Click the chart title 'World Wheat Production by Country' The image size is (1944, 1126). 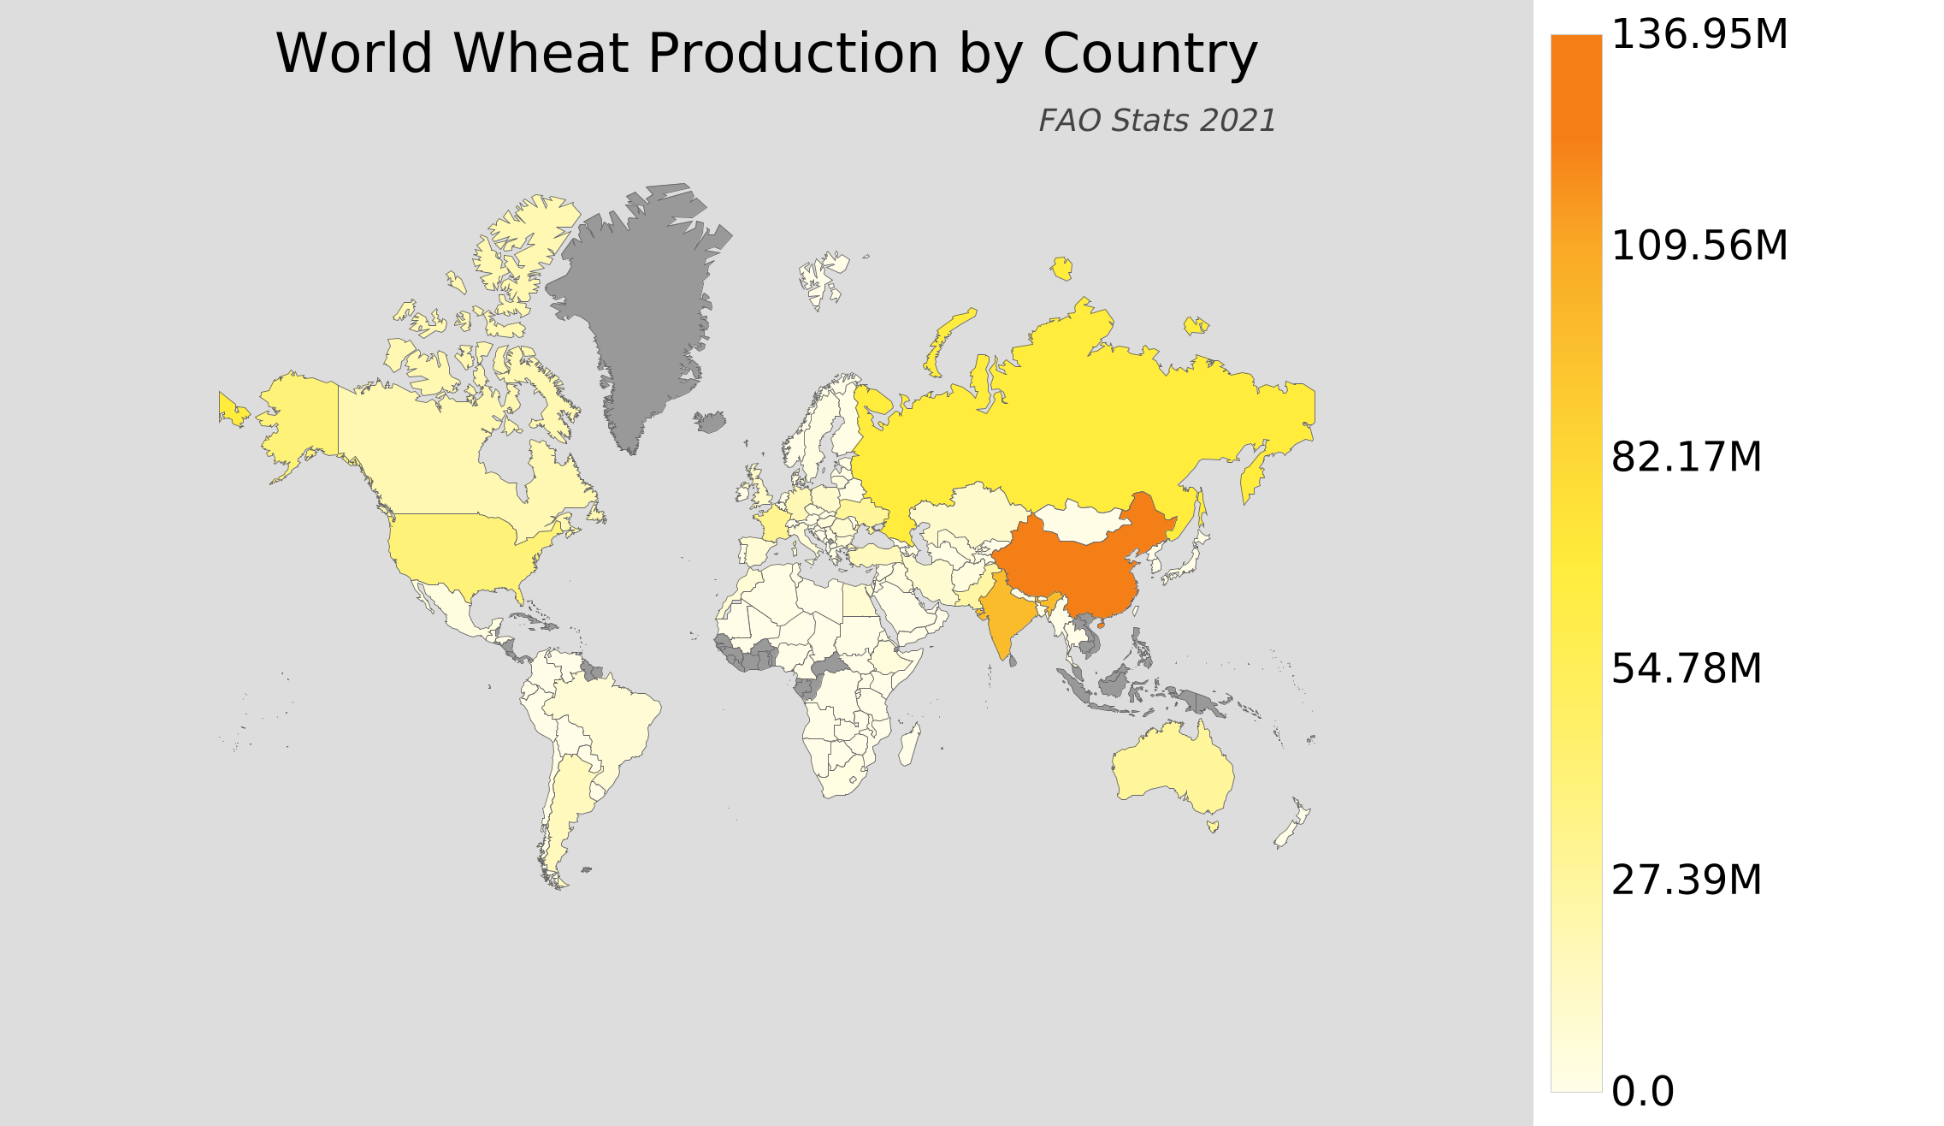coord(766,54)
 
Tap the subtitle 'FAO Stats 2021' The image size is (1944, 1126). coord(1156,121)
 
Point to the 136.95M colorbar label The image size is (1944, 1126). coord(1699,36)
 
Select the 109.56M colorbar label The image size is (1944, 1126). coord(1699,246)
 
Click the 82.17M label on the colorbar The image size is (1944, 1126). coord(1686,458)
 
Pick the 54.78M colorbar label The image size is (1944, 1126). coord(1686,669)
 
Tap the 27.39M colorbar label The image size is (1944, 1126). coord(1686,880)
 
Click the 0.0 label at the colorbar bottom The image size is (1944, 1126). coord(1642,1092)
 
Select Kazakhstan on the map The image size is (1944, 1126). coord(966,513)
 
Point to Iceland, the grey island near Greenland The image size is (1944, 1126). coord(710,422)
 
